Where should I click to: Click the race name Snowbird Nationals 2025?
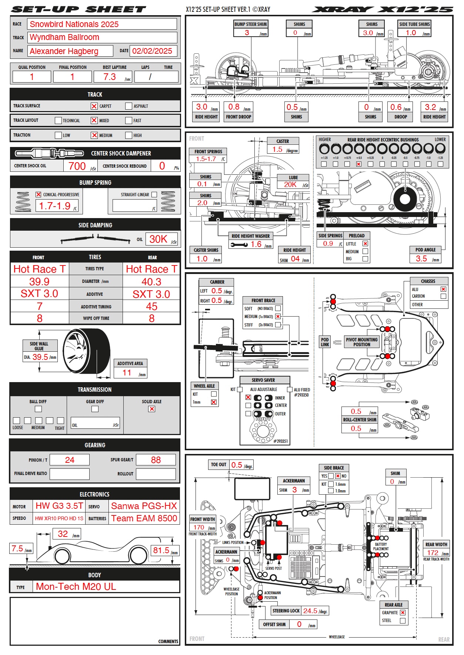[x=74, y=24]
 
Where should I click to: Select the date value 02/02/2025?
[x=152, y=51]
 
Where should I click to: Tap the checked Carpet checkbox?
[x=94, y=106]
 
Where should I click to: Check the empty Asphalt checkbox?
[x=128, y=106]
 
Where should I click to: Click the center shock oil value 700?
[x=77, y=166]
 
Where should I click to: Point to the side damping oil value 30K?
[x=158, y=239]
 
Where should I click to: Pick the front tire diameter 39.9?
[x=39, y=282]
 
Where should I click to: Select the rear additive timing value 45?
[x=152, y=307]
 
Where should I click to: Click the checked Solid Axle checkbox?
[x=152, y=409]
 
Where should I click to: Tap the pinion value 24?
[x=70, y=460]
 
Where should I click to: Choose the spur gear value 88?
[x=156, y=460]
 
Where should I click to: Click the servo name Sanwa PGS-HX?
[x=144, y=506]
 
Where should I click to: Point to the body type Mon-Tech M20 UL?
[x=76, y=587]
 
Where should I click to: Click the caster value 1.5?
[x=277, y=149]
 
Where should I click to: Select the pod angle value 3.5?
[x=421, y=258]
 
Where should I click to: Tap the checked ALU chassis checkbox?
[x=443, y=289]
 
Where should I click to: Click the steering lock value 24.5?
[x=310, y=611]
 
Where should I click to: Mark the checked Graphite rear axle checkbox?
[x=403, y=613]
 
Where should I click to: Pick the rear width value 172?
[x=433, y=552]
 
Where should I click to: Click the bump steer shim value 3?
[x=247, y=33]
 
